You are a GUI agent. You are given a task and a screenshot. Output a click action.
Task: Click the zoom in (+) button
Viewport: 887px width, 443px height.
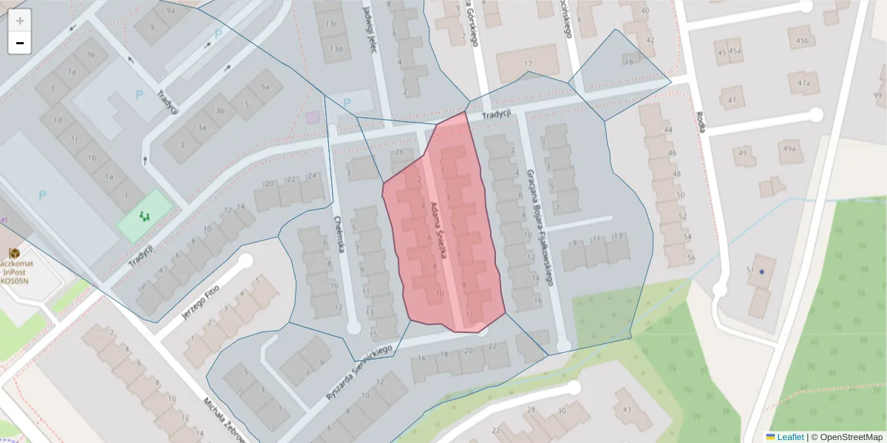(20, 21)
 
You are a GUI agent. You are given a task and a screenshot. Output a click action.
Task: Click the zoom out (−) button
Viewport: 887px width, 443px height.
(20, 43)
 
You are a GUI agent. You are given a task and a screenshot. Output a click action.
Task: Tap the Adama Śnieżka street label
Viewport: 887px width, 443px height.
(440, 230)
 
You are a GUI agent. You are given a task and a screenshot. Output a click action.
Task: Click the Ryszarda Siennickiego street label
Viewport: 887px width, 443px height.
(358, 373)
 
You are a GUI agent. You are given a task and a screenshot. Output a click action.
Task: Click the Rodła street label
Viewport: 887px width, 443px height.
(700, 122)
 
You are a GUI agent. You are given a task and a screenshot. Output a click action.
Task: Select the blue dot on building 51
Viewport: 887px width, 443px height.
(761, 272)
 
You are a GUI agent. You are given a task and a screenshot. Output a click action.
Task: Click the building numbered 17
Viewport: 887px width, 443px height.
(527, 63)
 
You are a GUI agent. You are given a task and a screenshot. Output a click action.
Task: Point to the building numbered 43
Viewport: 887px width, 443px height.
(627, 409)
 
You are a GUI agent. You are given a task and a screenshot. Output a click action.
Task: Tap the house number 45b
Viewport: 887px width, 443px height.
(802, 41)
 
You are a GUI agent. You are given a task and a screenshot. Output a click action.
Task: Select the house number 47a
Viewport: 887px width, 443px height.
(803, 83)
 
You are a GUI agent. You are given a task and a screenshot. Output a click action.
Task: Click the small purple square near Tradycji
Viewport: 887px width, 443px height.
(313, 117)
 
